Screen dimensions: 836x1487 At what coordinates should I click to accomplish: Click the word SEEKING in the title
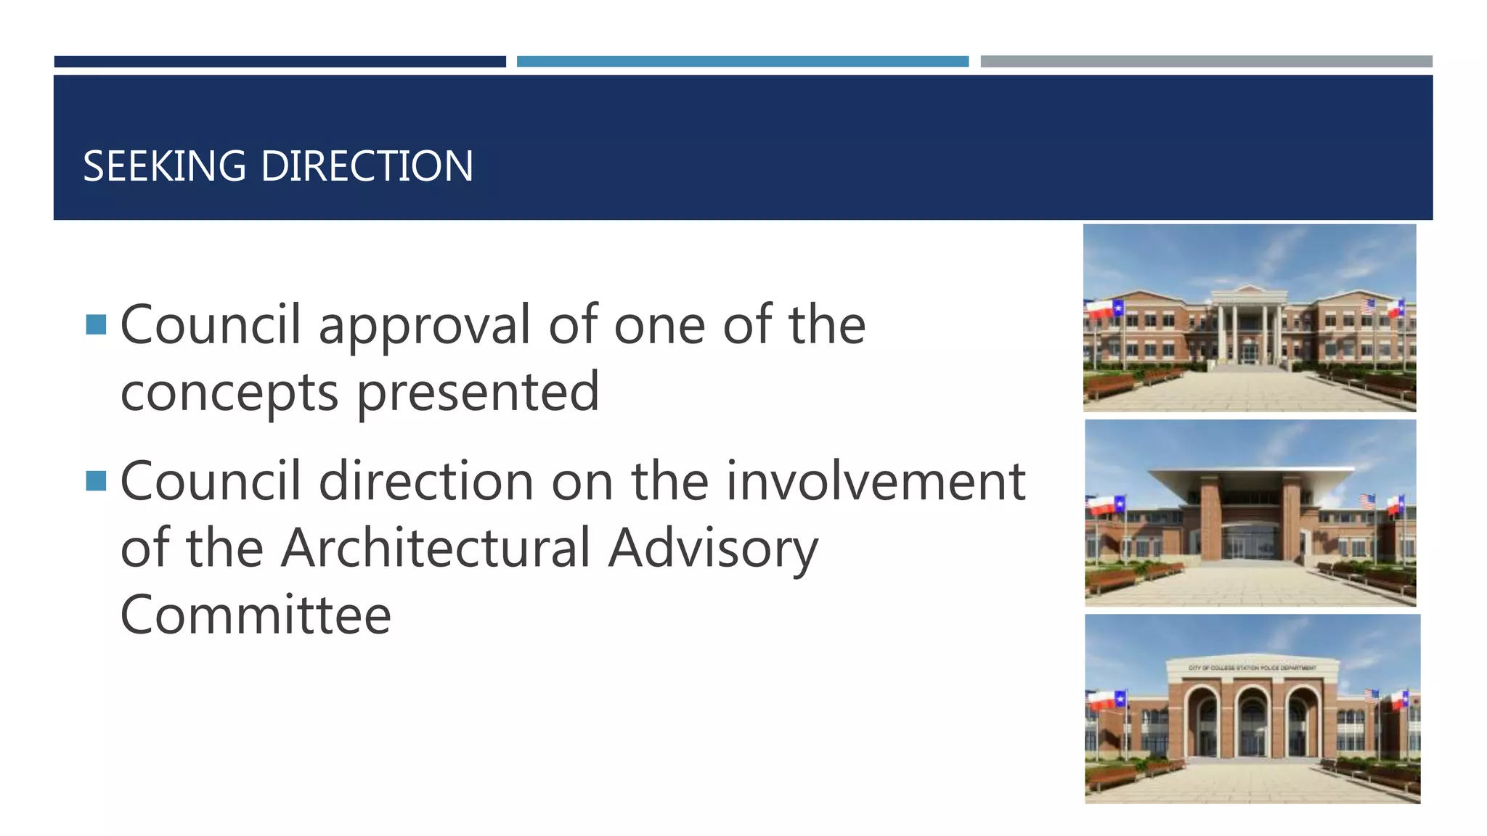[165, 166]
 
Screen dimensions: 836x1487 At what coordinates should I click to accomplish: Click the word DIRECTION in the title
[367, 166]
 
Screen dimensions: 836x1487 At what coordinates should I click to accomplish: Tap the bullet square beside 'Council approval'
[96, 324]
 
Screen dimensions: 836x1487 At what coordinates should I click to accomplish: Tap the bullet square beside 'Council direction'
[96, 480]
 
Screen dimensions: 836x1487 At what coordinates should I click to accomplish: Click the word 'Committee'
[256, 615]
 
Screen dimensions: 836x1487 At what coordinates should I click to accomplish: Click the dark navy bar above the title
[280, 62]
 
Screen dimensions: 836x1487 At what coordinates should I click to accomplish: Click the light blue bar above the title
[742, 62]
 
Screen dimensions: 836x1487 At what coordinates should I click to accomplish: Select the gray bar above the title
[1206, 62]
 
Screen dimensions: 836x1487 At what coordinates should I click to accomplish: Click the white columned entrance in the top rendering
[1249, 327]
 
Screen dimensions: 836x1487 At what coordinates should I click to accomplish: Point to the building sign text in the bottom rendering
[1252, 668]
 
